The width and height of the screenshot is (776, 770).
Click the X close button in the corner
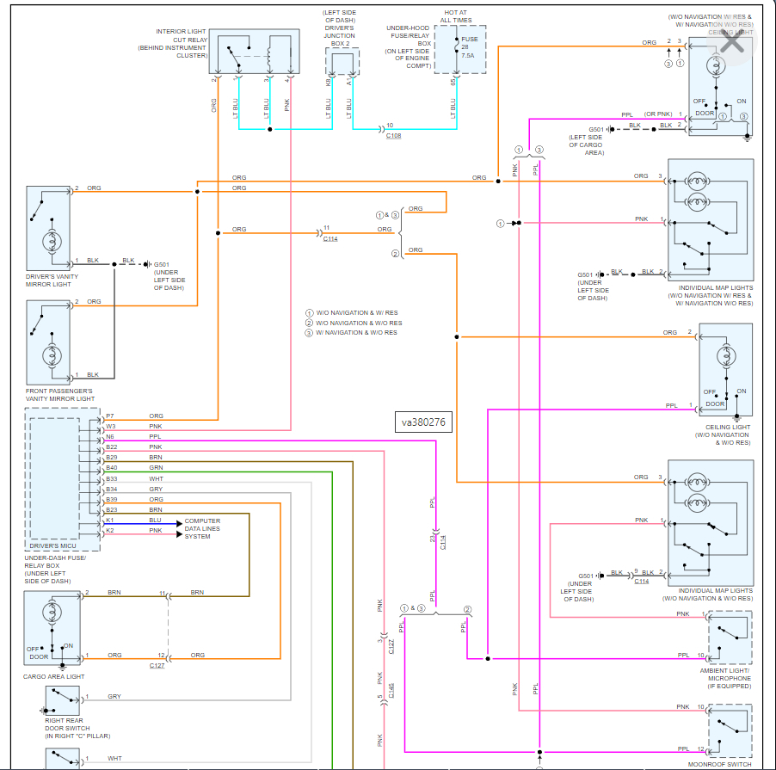pos(732,43)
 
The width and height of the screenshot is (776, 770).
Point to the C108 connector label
pos(393,136)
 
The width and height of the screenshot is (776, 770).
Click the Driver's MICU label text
pos(53,545)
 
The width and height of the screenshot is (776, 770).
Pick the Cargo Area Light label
pos(53,676)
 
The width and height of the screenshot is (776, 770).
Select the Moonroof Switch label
pos(720,764)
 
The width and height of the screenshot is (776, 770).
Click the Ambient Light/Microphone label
pos(725,678)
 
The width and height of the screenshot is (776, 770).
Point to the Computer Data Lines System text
pos(202,528)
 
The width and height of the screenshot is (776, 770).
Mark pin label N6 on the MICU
pos(110,437)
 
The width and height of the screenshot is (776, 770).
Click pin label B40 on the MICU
pos(112,468)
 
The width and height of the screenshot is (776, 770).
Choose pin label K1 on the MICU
pos(110,521)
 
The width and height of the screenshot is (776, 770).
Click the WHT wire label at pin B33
pos(156,478)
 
